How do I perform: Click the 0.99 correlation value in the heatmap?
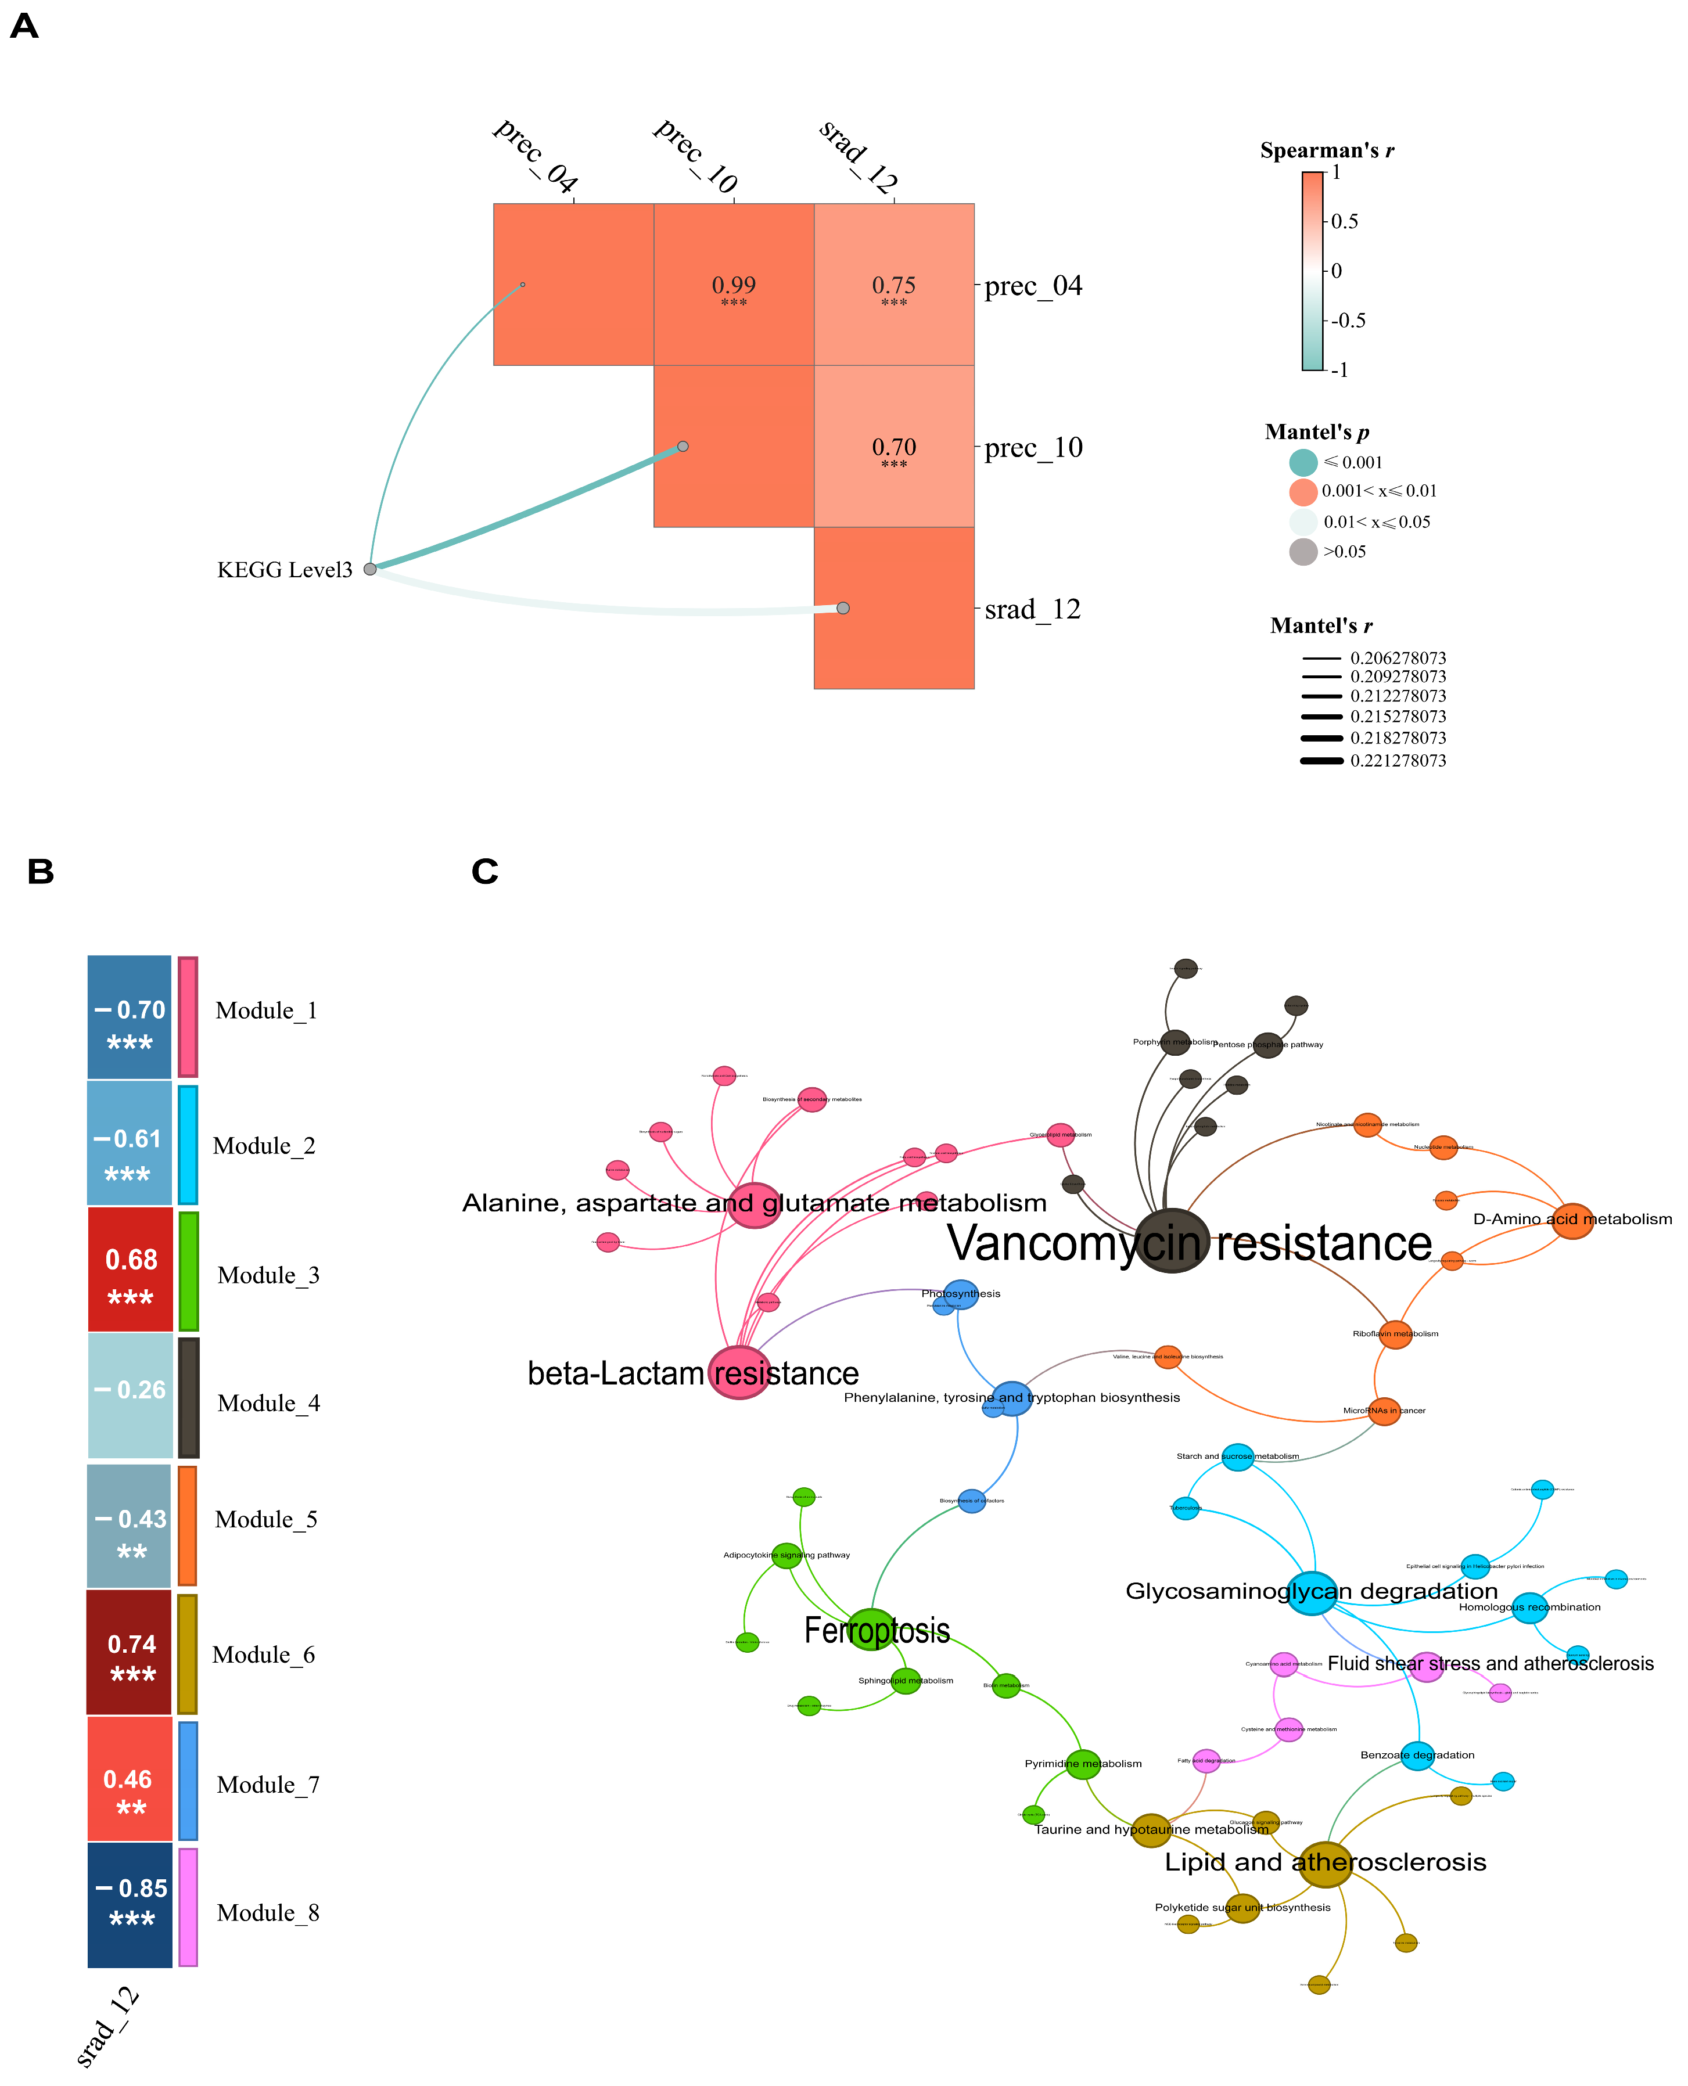pos(733,286)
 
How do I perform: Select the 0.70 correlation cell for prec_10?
pos(893,448)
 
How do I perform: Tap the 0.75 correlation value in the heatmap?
pos(893,286)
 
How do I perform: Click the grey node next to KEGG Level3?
pos(369,569)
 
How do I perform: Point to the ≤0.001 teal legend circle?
pos(1303,463)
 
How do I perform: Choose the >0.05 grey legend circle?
pos(1303,552)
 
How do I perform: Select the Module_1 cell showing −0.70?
pos(130,1017)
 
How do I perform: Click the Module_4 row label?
pos(268,1404)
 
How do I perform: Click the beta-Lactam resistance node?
pos(739,1372)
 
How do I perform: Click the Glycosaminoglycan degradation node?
pos(1312,1593)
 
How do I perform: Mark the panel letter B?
pos(41,872)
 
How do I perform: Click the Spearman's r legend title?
pos(1326,150)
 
